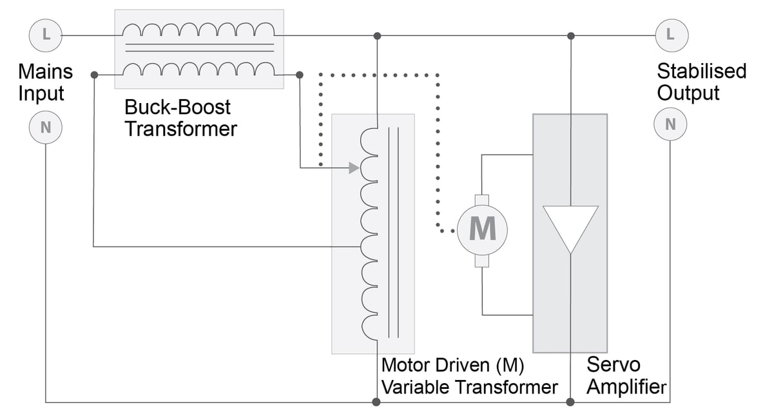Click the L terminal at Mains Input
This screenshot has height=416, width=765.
tap(45, 34)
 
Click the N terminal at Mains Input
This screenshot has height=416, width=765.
tap(45, 127)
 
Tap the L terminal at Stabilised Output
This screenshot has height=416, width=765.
tap(671, 34)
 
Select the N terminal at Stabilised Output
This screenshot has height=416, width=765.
tap(671, 124)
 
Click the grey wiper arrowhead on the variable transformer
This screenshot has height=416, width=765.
tap(353, 168)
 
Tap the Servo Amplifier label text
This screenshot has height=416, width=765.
tap(625, 376)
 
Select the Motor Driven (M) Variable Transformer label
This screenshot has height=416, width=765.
tap(469, 376)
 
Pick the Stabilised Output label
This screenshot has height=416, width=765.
tap(701, 82)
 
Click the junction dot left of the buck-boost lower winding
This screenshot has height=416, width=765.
tap(94, 75)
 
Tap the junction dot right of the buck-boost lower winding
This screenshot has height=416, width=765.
tap(299, 75)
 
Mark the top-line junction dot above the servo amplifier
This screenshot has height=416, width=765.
tap(570, 35)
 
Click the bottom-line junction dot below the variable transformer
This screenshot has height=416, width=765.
tap(376, 402)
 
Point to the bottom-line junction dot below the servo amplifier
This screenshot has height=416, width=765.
tap(570, 402)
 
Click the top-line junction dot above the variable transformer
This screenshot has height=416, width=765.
tap(377, 35)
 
